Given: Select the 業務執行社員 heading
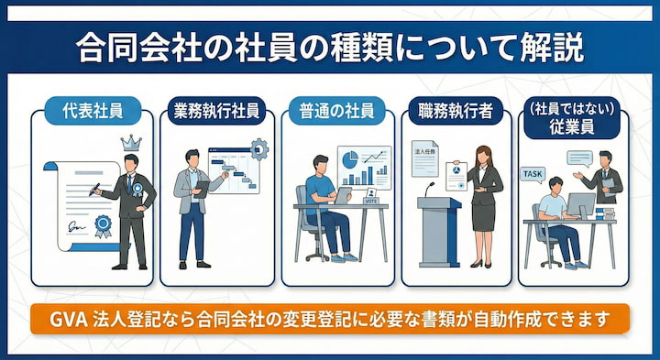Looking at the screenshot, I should click(x=217, y=111).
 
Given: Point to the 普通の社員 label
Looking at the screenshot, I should click(x=335, y=111).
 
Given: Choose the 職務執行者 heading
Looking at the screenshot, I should click(x=455, y=111).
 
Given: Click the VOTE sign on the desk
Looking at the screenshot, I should click(x=371, y=200).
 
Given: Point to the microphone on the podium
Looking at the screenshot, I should click(x=430, y=187).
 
